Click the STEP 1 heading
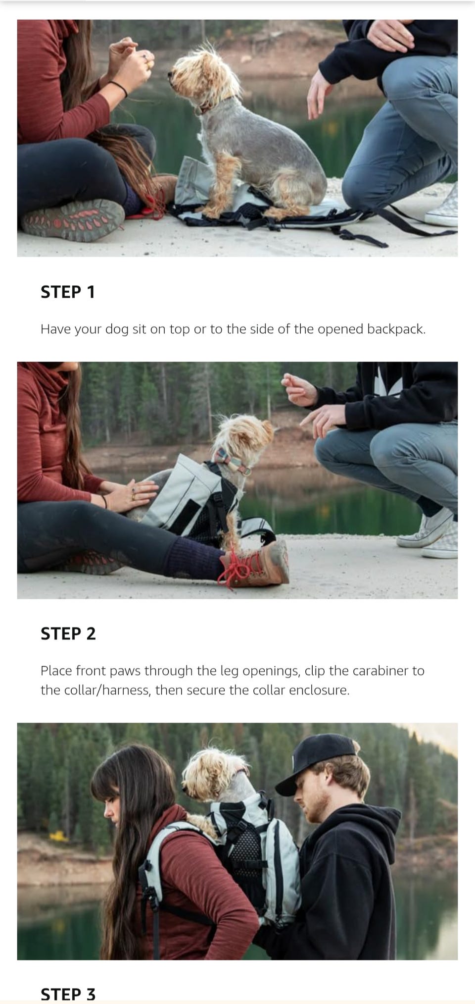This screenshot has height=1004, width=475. click(x=67, y=292)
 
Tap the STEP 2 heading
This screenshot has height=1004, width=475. click(x=68, y=634)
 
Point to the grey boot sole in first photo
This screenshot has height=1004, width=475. click(x=73, y=219)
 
